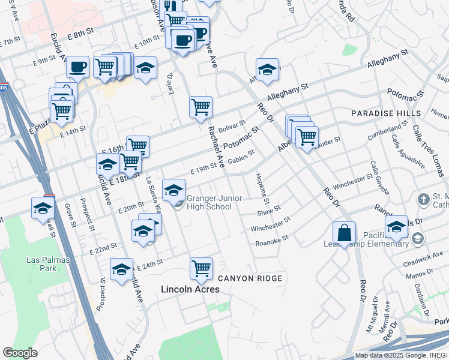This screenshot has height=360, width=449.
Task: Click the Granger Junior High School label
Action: pyautogui.click(x=209, y=203)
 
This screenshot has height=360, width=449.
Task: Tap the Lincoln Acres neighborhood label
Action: pyautogui.click(x=190, y=289)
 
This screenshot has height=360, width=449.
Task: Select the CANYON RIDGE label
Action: pyautogui.click(x=250, y=278)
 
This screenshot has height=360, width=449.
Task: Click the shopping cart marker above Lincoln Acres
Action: pyautogui.click(x=201, y=268)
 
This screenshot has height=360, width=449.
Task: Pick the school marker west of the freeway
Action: pyautogui.click(x=43, y=208)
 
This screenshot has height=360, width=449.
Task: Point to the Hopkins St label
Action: pyautogui.click(x=262, y=188)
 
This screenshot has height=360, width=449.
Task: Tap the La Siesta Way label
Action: pyautogui.click(x=154, y=196)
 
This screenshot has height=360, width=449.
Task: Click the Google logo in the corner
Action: pyautogui.click(x=20, y=353)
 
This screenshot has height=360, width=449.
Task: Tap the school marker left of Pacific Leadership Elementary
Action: pyautogui.click(x=396, y=226)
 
